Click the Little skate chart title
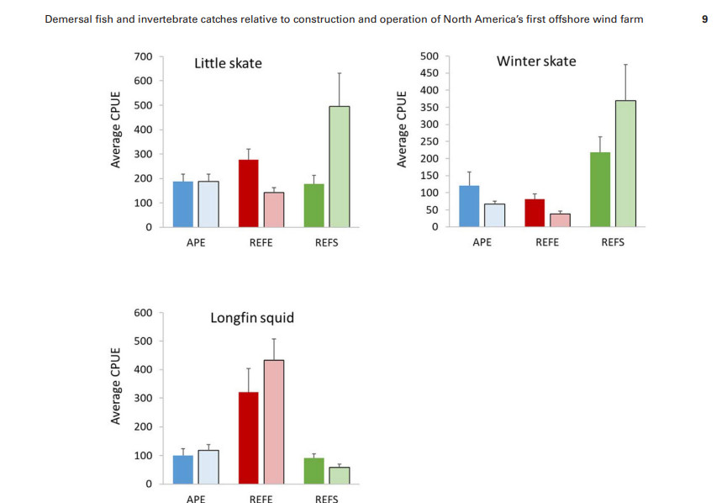[x=228, y=63]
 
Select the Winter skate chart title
[x=536, y=61]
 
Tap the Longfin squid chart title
[x=251, y=318]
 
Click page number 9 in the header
[x=704, y=19]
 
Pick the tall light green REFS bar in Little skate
[x=339, y=167]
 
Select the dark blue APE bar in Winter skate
[x=469, y=206]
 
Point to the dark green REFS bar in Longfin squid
[x=314, y=471]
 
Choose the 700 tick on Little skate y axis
[x=143, y=57]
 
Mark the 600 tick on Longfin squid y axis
[x=143, y=313]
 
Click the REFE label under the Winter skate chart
[x=547, y=242]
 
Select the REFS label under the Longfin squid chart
[x=326, y=498]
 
